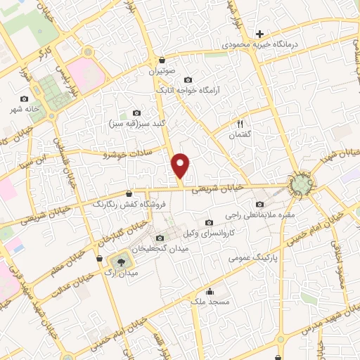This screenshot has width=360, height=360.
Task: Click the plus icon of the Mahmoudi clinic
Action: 259,33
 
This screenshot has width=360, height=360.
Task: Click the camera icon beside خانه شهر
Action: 25,99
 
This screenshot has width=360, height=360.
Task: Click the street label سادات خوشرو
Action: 127,153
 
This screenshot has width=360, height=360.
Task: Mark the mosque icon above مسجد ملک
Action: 209,291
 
